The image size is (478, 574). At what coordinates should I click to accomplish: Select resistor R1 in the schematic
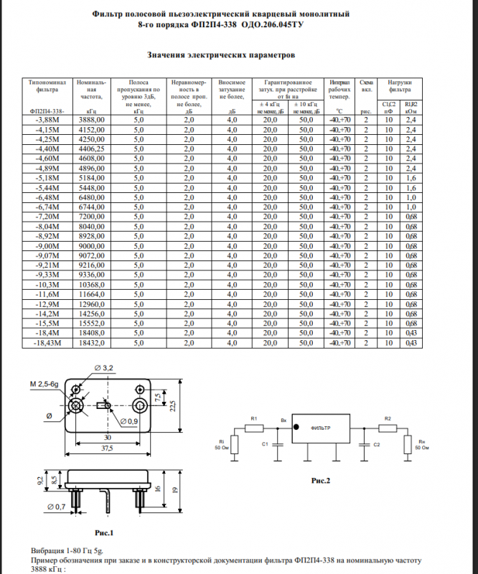[x=254, y=428]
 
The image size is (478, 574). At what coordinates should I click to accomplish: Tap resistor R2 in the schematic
[x=388, y=428]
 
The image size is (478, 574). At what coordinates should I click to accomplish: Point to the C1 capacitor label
[x=265, y=445]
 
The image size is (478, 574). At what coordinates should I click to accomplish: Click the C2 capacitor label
[x=377, y=445]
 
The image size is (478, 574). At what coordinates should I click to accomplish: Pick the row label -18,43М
[x=49, y=344]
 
